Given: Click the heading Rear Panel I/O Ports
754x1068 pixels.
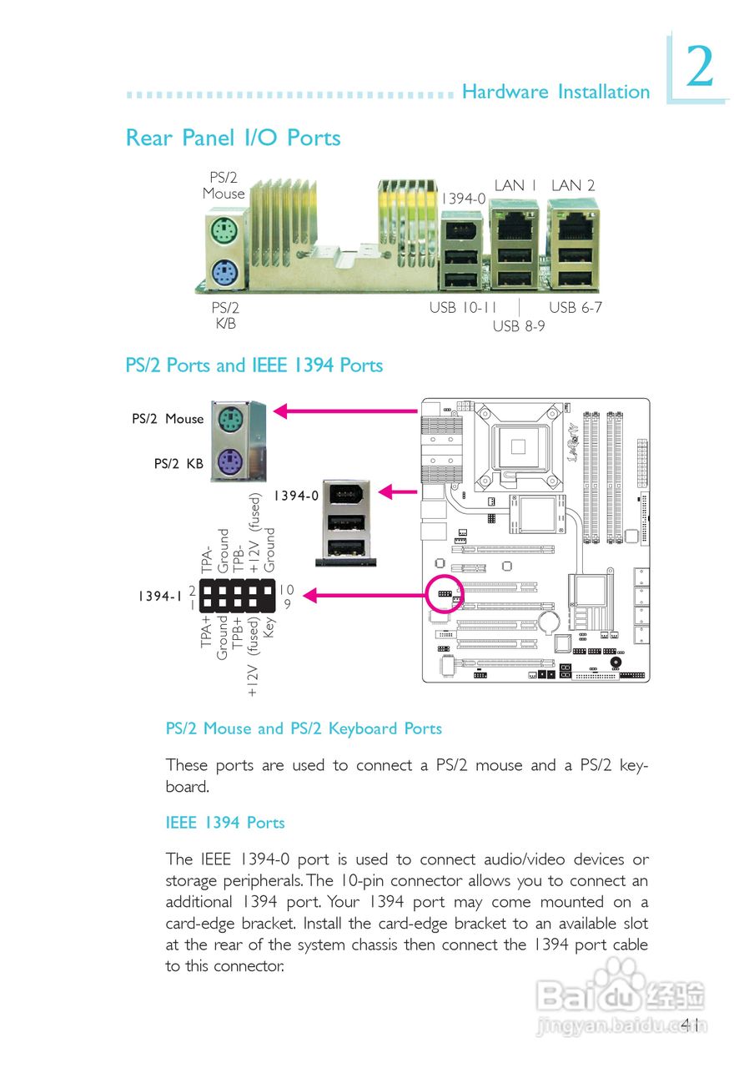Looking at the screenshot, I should point(233,138).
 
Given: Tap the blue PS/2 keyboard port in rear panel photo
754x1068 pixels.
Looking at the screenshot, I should point(222,272).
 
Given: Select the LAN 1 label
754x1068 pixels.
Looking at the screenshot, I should point(515,185).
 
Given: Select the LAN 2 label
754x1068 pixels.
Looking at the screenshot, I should point(573,185).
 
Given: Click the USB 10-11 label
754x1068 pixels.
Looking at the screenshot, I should point(463,307).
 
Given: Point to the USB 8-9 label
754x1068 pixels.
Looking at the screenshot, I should point(518,325).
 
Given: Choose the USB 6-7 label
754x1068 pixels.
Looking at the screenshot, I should point(575,307).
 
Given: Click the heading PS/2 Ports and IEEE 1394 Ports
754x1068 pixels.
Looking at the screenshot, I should point(254,365).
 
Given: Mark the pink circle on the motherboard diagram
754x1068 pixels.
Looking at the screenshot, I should point(444,594).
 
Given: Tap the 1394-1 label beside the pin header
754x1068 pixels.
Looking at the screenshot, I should point(159,597).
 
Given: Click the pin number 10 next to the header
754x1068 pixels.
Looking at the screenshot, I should point(285,589).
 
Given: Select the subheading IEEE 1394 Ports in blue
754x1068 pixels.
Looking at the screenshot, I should point(225,823).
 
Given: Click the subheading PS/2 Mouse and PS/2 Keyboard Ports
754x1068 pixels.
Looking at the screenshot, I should point(304,728).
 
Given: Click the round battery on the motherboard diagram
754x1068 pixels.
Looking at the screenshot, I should point(549,622).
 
